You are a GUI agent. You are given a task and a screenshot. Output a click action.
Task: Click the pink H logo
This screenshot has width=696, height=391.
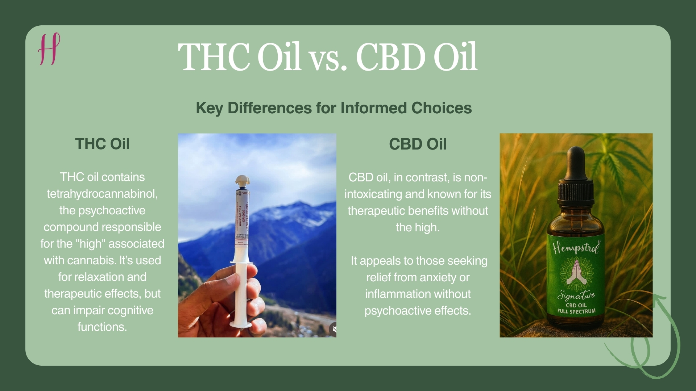point(49,49)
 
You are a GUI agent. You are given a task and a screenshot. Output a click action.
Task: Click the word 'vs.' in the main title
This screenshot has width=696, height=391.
point(328,58)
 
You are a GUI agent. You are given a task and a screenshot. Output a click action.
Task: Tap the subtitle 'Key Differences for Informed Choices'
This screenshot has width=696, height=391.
point(333,108)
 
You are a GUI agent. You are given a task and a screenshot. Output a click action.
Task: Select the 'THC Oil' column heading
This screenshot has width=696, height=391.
point(102,144)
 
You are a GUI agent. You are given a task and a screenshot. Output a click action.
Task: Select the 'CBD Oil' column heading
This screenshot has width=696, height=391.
point(418,144)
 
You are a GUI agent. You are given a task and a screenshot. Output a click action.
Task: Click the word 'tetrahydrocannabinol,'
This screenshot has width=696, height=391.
point(102,194)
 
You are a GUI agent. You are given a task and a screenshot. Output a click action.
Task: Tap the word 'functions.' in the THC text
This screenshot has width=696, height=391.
point(102,327)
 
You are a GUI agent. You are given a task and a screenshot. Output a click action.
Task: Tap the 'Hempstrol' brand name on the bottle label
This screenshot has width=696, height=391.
point(576,248)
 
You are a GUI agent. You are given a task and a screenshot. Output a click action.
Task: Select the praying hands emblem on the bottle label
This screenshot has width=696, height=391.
point(576,274)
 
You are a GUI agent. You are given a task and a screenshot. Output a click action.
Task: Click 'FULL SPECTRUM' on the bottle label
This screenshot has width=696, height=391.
point(576,311)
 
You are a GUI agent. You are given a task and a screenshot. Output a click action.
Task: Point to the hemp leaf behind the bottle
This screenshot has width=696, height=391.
point(616,159)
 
